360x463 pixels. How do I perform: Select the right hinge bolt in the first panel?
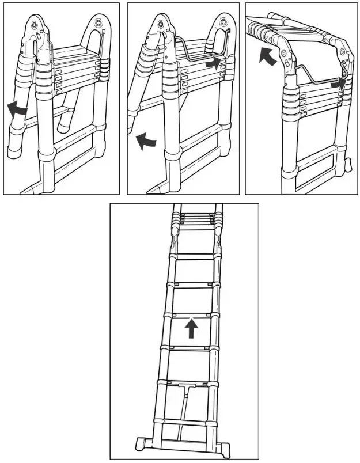tap(100, 22)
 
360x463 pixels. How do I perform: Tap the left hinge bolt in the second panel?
tap(160, 25)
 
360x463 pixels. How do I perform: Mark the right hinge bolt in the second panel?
tap(223, 22)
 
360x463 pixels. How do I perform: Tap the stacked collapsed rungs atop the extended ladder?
tap(195, 219)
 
